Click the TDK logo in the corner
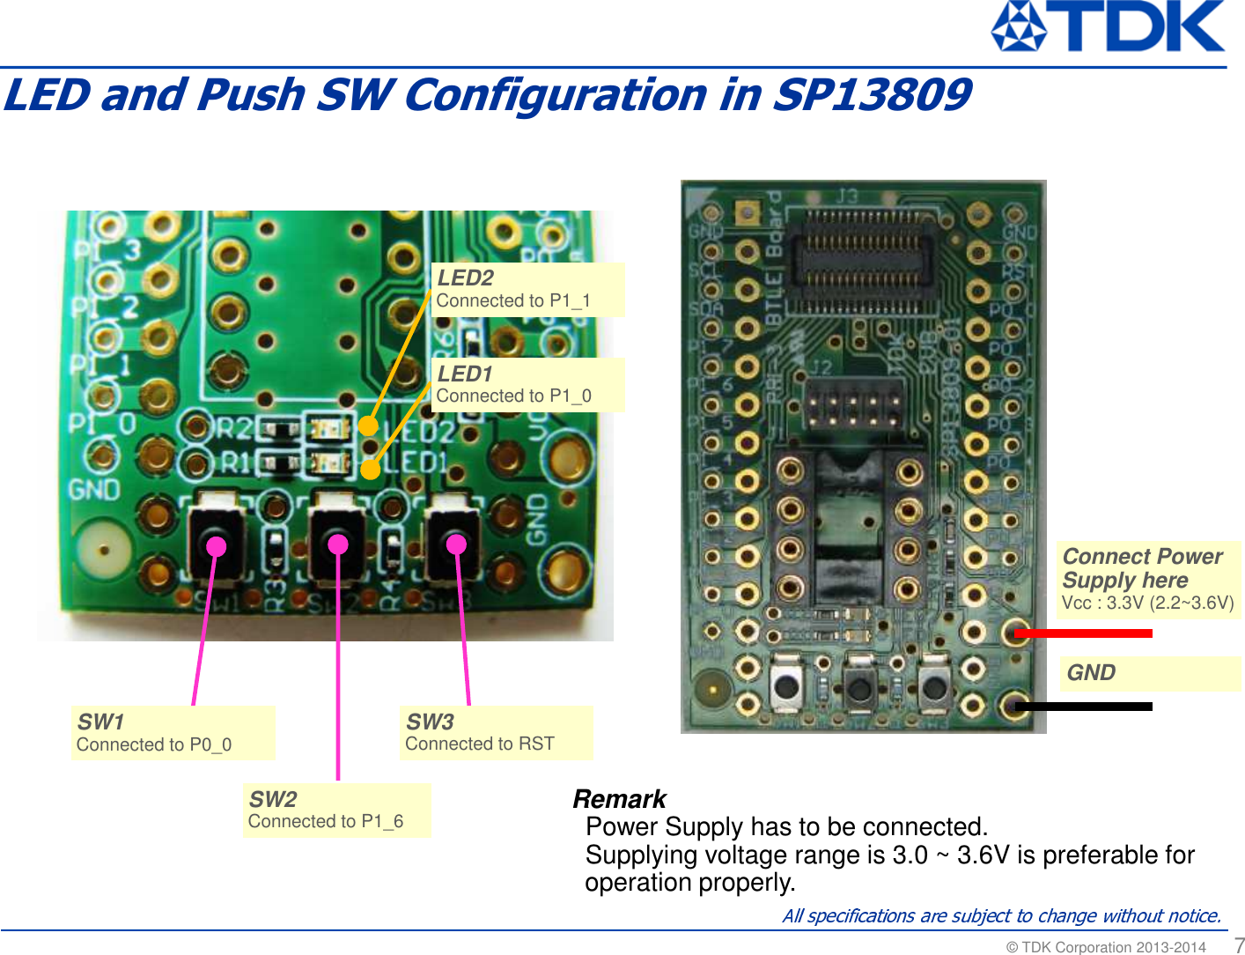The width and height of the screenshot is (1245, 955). point(1108,26)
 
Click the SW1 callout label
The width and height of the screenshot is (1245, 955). point(173,733)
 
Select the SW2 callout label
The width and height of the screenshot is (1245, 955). point(336,811)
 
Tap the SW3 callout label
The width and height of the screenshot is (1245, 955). point(495,733)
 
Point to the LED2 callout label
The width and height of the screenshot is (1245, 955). point(527,289)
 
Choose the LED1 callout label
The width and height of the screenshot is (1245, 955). point(527,385)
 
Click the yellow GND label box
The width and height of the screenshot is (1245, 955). point(1148,673)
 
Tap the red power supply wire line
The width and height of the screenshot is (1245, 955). point(1083,633)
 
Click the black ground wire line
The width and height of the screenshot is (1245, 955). point(1083,706)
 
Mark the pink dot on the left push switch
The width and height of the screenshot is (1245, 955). point(216,546)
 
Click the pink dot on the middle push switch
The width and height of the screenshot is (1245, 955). point(338,544)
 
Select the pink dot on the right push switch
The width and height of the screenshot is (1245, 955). point(456,544)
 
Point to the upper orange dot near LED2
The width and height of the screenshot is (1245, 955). point(368,426)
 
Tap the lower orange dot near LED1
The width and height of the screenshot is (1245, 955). point(370,469)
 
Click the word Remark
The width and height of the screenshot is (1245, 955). point(619,799)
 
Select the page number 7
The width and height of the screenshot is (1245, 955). point(1239,944)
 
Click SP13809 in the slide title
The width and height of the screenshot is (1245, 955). point(872,95)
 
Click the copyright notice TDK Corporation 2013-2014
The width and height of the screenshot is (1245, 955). point(1106,947)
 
